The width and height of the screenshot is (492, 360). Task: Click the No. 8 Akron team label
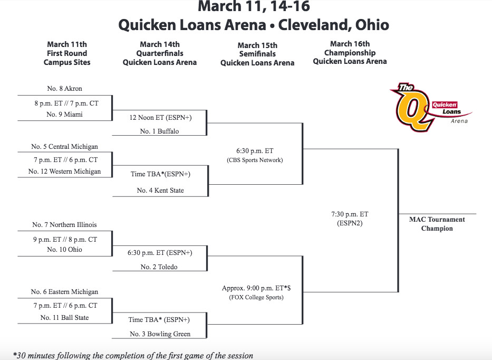(65, 89)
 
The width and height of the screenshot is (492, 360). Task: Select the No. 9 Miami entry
(65, 115)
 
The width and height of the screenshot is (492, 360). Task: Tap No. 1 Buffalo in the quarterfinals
(159, 131)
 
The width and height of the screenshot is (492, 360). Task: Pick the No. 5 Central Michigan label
(65, 147)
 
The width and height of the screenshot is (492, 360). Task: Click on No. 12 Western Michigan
(65, 172)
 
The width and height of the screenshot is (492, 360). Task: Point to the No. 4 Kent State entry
(160, 191)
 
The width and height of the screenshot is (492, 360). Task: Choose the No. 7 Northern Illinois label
(65, 225)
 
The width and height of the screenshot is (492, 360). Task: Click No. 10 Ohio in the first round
(65, 250)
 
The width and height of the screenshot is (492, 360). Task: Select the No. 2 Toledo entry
(159, 267)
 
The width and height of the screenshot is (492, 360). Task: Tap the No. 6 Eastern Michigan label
(65, 292)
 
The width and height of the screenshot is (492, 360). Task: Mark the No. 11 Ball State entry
(65, 318)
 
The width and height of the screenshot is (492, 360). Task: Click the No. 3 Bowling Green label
(160, 334)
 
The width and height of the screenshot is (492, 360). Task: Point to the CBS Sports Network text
(255, 160)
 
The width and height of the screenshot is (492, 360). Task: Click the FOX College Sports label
(256, 297)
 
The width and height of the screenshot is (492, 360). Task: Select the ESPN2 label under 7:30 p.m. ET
(350, 223)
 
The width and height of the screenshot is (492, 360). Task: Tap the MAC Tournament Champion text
(437, 224)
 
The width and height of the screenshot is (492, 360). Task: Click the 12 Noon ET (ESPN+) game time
(161, 118)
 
